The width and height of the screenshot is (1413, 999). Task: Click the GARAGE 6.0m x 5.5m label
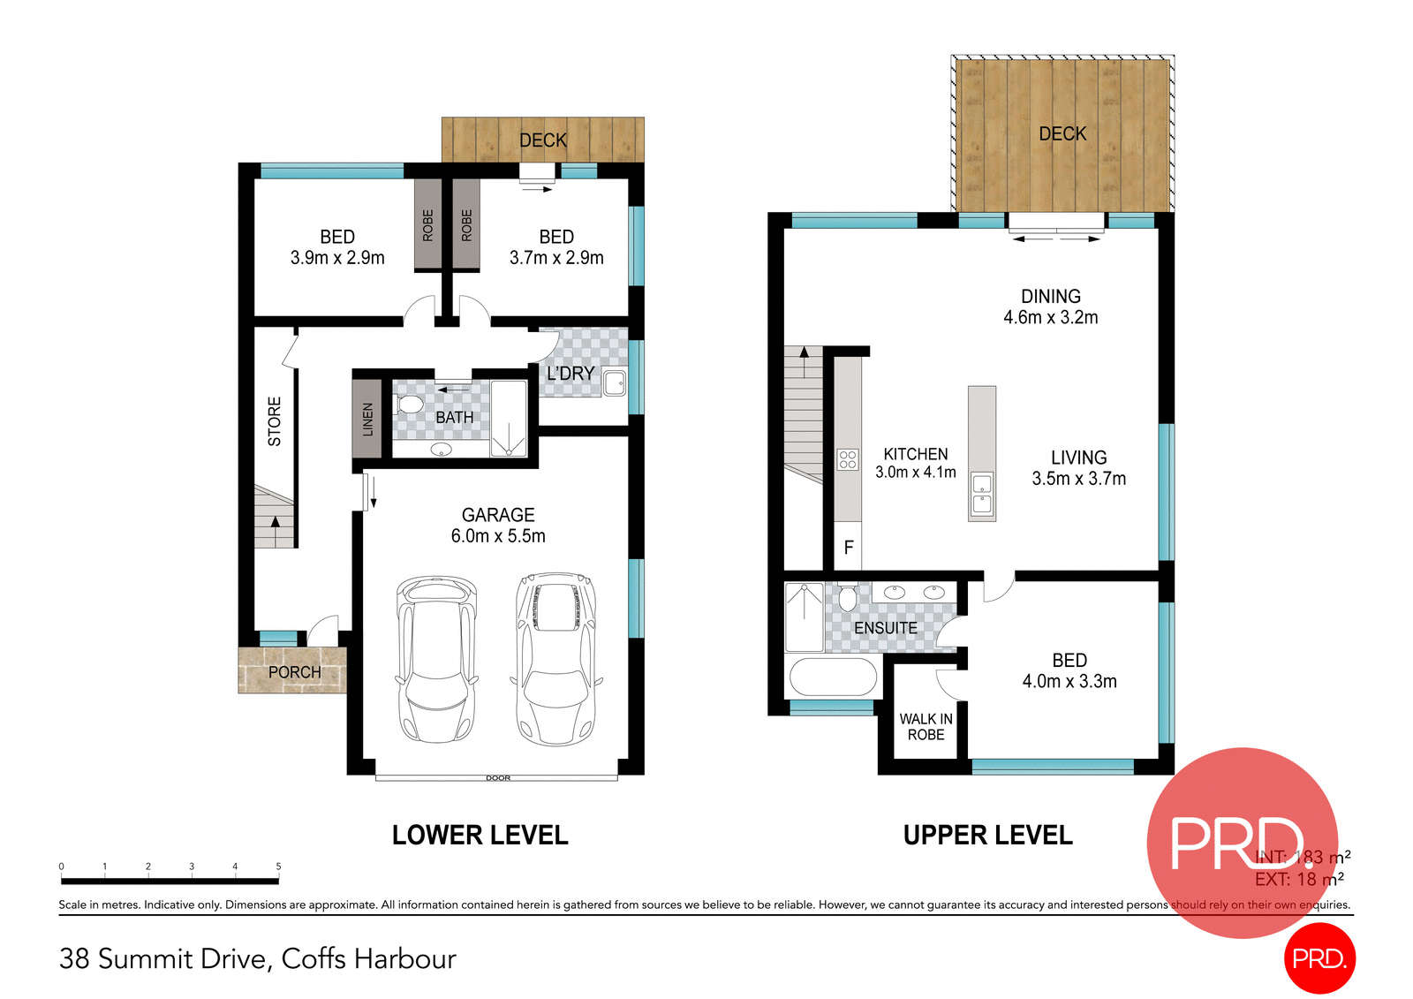point(498,525)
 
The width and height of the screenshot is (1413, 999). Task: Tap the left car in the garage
point(436,658)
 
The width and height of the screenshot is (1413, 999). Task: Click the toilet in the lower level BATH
point(410,405)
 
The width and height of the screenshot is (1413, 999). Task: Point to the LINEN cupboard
point(367,419)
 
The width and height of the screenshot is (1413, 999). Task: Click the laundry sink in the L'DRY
point(615,383)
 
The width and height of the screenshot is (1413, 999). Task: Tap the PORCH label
point(294,672)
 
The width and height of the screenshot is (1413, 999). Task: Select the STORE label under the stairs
point(275,421)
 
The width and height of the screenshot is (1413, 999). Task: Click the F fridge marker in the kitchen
point(849,548)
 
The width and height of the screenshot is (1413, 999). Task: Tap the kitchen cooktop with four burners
point(848,459)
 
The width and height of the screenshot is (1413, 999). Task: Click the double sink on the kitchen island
point(982,494)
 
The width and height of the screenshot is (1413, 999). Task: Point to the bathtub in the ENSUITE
point(832,677)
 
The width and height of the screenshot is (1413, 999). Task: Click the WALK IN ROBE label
point(926,727)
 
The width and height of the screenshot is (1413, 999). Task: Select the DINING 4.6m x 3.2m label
point(1050,307)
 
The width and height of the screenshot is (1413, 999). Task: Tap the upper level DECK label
point(1062,133)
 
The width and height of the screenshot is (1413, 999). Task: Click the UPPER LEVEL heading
point(987,835)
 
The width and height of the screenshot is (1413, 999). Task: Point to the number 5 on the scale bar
point(278,867)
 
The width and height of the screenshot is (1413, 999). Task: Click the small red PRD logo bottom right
point(1319,958)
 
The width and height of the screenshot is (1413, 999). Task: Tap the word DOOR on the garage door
point(498,778)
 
